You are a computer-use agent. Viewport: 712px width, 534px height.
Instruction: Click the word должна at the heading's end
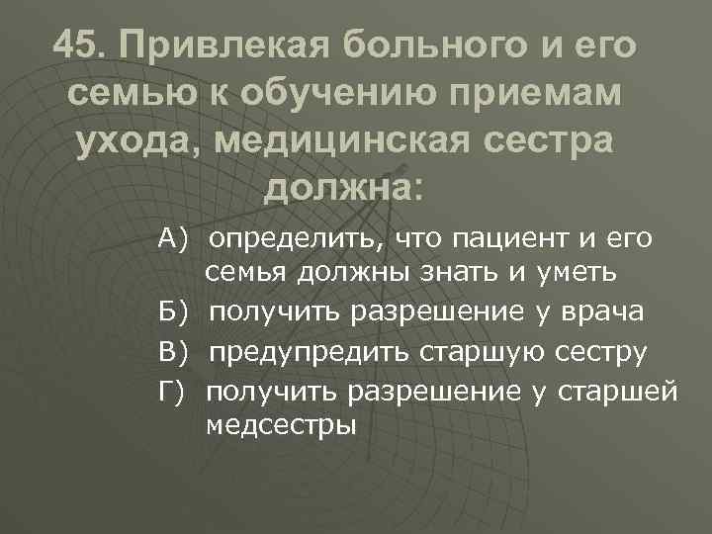click(x=342, y=185)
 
